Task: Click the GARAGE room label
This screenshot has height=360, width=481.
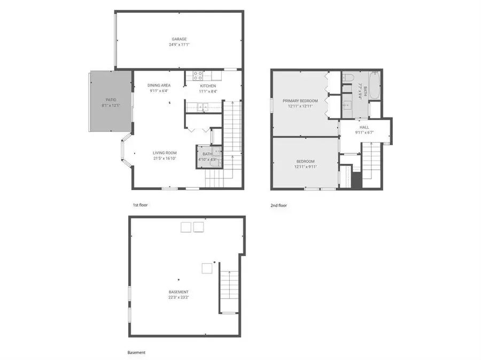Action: (x=179, y=39)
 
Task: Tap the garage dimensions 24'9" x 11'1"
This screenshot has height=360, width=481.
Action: (x=179, y=45)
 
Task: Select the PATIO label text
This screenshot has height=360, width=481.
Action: (x=111, y=99)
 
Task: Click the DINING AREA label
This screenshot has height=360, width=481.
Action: (x=159, y=85)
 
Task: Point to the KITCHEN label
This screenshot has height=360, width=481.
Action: (x=208, y=85)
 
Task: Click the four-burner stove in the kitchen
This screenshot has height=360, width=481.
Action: (x=197, y=75)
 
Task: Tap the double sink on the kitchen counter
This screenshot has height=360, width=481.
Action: (x=204, y=107)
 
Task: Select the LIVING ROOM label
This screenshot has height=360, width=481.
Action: (x=165, y=153)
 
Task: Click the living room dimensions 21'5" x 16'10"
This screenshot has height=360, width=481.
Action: (x=165, y=159)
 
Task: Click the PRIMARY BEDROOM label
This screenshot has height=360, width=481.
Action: (x=300, y=100)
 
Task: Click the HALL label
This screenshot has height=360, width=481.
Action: (x=364, y=128)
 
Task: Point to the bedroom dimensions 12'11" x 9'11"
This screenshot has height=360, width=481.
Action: (x=306, y=167)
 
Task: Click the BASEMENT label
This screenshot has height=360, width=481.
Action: (x=180, y=292)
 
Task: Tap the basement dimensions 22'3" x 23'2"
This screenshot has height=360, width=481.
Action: (x=180, y=298)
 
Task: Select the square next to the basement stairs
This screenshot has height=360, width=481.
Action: (x=206, y=268)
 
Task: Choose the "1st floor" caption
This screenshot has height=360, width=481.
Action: (x=141, y=205)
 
